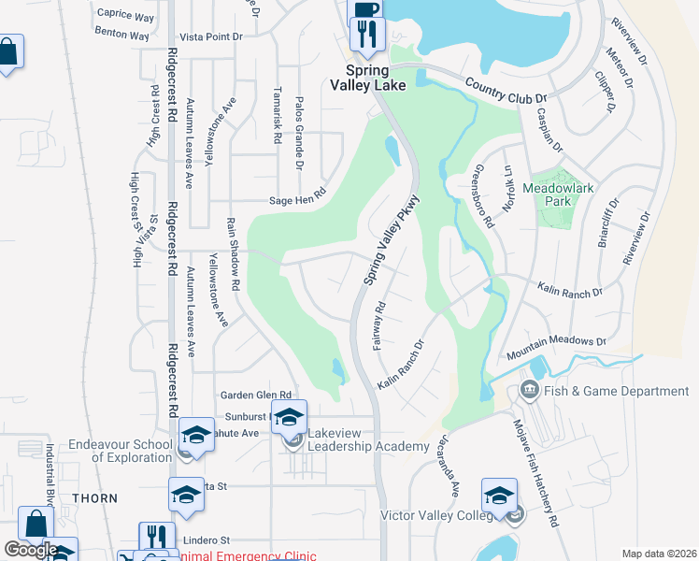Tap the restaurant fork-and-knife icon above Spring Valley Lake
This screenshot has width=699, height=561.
[x=364, y=36]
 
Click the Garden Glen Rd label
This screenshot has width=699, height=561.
[x=256, y=396]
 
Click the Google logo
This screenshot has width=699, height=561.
[x=30, y=550]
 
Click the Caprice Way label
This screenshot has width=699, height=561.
[x=124, y=17]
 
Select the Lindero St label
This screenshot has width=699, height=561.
[x=206, y=540]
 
